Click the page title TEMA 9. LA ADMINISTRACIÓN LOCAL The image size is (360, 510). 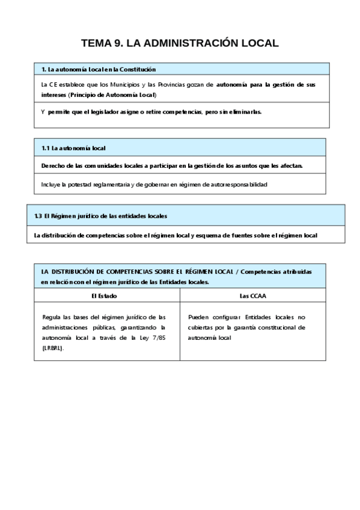(180, 43)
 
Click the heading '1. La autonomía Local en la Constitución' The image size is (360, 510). (99, 70)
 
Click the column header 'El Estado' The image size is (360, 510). (104, 296)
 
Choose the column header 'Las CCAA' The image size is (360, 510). (252, 296)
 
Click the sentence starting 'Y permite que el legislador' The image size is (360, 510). (151, 112)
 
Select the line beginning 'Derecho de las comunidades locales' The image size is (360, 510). (172, 165)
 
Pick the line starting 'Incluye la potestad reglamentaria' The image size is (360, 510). (153, 184)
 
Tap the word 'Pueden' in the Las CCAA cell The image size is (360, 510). (198, 317)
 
